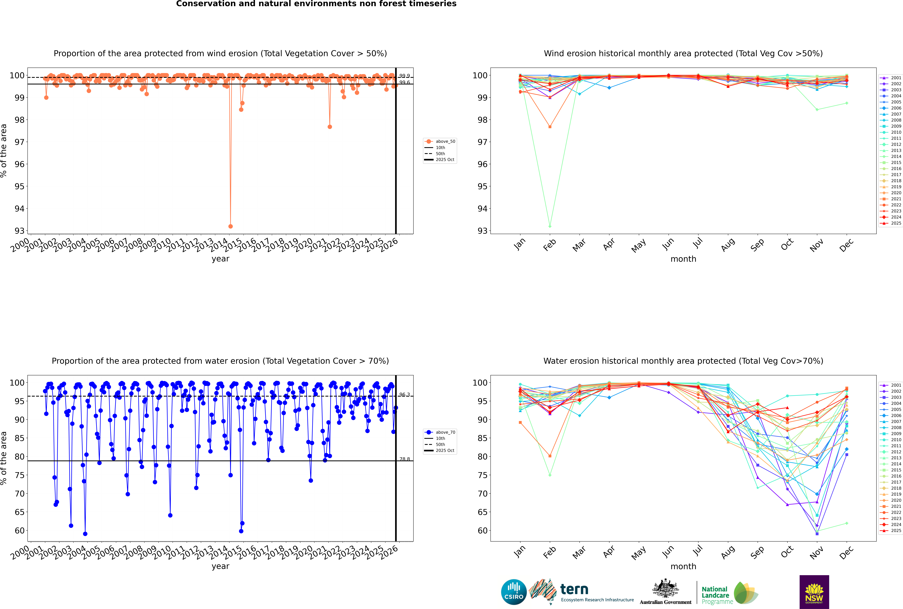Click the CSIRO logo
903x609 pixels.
coord(514,592)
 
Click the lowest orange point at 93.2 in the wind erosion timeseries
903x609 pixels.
coord(231,226)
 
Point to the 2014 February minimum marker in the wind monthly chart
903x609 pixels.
coord(550,226)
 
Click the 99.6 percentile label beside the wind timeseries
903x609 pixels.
coord(405,82)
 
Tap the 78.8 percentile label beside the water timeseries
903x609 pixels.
coord(405,459)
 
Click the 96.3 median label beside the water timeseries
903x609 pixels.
coord(405,395)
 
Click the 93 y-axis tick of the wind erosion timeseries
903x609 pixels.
coord(19,231)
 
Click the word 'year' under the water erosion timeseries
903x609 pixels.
coord(220,566)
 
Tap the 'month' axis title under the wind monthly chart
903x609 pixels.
coord(683,259)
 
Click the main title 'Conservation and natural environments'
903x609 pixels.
coord(316,4)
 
